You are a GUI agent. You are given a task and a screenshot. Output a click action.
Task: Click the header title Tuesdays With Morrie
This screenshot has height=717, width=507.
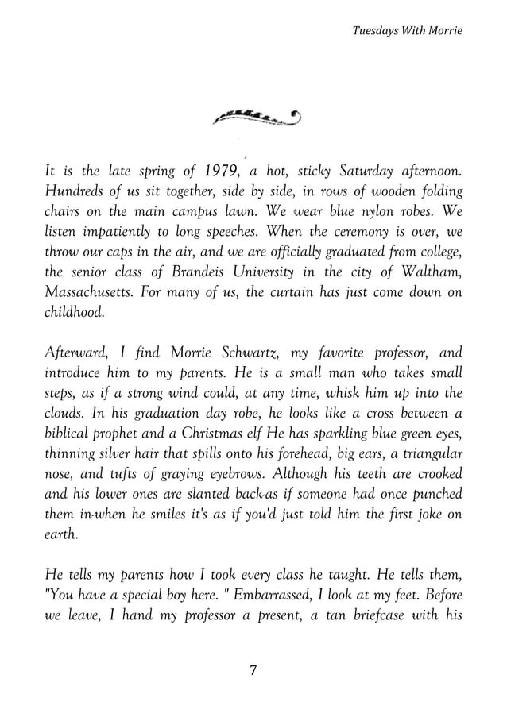coord(406,30)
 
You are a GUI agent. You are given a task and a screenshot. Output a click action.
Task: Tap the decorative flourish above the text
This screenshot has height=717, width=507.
coord(257,118)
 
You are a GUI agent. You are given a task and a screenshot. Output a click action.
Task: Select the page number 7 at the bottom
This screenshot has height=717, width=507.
coord(253,670)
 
